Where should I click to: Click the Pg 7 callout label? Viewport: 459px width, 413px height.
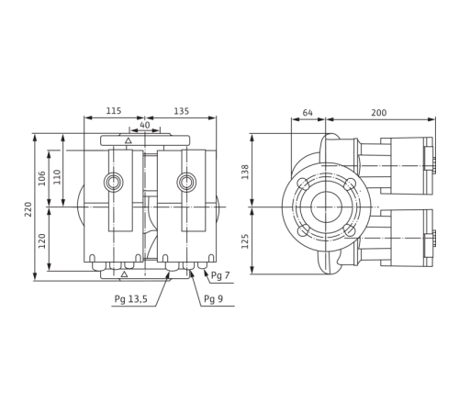coord(217,274)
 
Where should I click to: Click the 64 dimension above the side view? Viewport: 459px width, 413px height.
coord(308,113)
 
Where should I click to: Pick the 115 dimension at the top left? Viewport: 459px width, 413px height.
coord(113,110)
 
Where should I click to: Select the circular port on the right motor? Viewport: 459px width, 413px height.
coord(187,181)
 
